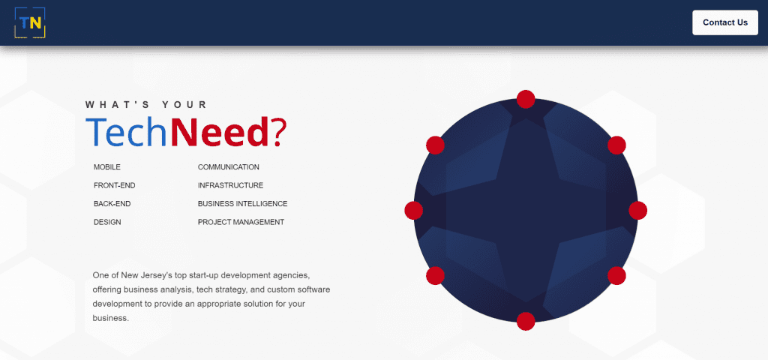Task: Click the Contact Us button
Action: pos(725,22)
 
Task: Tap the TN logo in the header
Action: pos(30,22)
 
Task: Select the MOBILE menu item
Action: pos(106,167)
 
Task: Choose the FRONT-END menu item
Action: pos(114,186)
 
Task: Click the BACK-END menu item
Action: pos(112,204)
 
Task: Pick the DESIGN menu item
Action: pos(107,222)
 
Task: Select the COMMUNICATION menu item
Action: pos(228,167)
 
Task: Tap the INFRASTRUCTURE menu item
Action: pos(230,186)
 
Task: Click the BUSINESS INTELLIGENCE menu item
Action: pos(242,204)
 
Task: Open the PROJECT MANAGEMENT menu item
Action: pos(241,222)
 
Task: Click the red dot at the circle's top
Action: pos(526,99)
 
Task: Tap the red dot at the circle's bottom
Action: pos(526,321)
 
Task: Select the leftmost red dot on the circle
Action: pos(414,210)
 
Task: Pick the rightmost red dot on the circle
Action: pos(637,210)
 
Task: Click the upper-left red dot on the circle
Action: pos(435,145)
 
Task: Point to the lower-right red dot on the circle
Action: pos(616,275)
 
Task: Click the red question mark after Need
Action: pos(277,132)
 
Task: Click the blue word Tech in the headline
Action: pos(127,132)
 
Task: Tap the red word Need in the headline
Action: pos(219,132)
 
